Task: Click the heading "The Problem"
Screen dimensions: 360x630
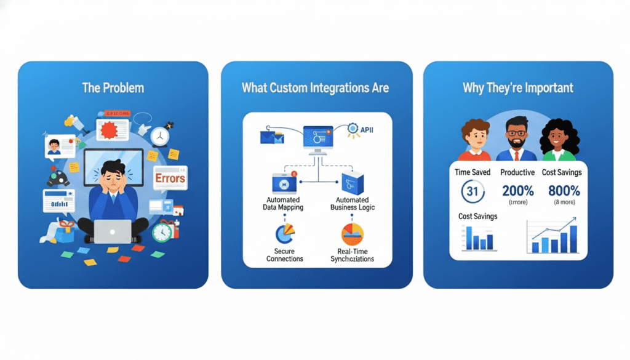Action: tap(113, 87)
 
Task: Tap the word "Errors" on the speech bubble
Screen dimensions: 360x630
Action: tap(170, 178)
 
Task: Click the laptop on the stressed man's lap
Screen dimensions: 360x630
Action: tap(113, 231)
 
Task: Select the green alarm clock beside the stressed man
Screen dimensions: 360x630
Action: tap(162, 232)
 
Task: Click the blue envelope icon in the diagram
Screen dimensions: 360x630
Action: tap(271, 137)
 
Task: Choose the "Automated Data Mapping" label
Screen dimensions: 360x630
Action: tap(283, 204)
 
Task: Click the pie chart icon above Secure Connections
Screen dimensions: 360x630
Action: tap(284, 234)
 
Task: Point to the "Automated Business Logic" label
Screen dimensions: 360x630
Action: tap(353, 204)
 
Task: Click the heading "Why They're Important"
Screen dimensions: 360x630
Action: tap(518, 87)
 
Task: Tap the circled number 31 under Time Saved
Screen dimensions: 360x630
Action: tap(472, 191)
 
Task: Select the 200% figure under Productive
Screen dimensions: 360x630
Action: tap(517, 190)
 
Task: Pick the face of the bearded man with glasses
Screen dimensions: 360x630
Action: tap(518, 130)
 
